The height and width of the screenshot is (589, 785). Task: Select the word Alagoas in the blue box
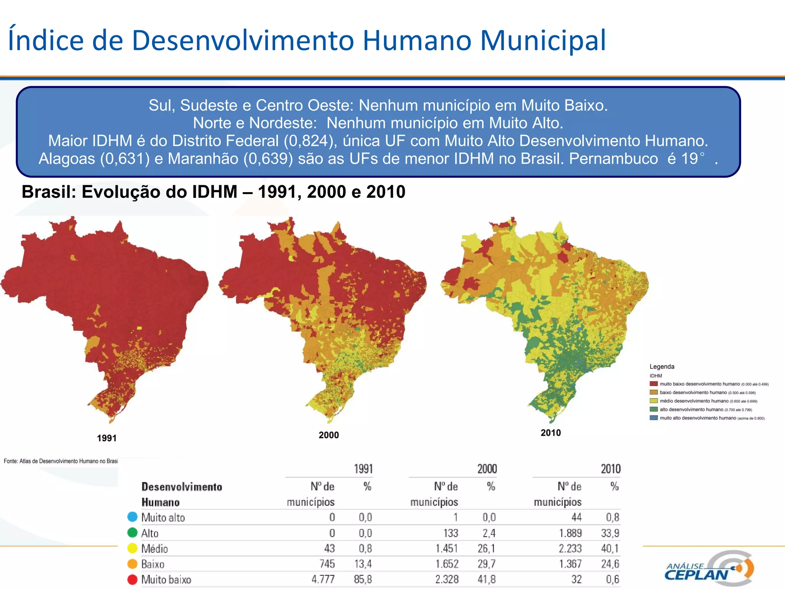67,159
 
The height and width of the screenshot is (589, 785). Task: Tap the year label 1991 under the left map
107,438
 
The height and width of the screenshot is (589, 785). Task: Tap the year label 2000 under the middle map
328,435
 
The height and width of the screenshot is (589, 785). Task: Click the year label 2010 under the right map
550,433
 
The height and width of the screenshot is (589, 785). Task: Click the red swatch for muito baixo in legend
654,384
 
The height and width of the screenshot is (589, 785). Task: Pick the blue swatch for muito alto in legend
654,418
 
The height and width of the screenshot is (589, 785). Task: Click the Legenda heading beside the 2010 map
662,367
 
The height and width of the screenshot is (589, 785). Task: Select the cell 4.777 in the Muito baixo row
323,579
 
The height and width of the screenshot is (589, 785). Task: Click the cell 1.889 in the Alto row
570,533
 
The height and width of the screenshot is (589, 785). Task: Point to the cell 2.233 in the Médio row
570,549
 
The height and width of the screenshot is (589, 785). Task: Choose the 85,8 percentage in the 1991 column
363,579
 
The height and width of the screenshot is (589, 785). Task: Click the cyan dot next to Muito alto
132,517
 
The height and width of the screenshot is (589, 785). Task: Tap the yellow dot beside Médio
132,548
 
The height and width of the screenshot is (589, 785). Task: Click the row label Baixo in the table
153,564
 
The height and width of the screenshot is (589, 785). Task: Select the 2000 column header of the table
487,469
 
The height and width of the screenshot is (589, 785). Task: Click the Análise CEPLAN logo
709,569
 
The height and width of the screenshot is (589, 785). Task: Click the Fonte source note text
61,461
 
